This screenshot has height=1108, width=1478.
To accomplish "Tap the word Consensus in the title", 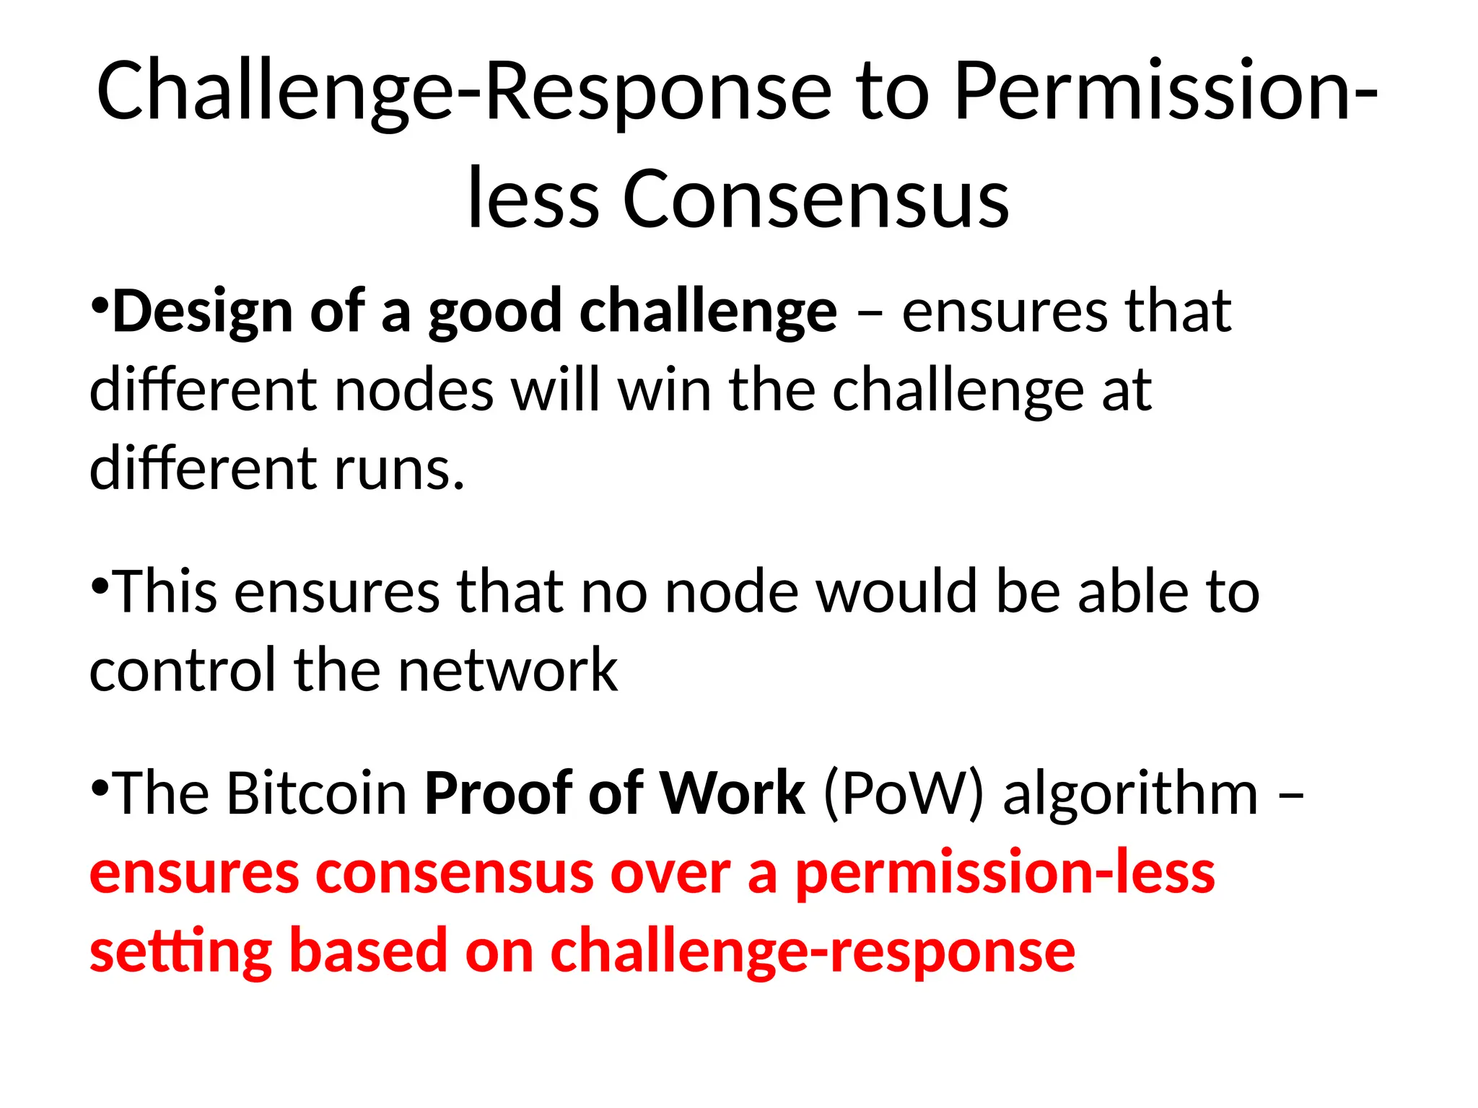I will [x=815, y=199].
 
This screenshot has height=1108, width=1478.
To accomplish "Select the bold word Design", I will [x=202, y=312].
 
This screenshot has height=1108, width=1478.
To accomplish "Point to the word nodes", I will [x=414, y=390].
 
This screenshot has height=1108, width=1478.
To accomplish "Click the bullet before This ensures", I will [x=100, y=583].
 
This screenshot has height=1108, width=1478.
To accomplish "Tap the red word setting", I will [x=180, y=952].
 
